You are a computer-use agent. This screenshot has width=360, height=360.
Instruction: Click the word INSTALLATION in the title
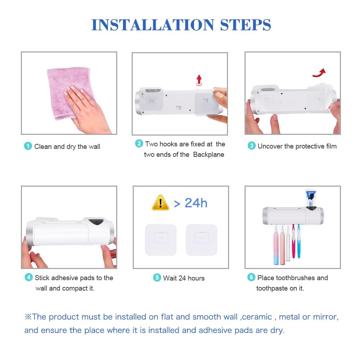(x=153, y=25)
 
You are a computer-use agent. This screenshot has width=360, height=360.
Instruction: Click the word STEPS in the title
(x=245, y=25)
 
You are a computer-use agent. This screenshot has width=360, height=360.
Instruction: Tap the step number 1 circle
(x=28, y=146)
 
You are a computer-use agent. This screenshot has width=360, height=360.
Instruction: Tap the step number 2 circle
(x=139, y=143)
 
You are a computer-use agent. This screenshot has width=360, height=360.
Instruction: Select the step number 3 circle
(x=251, y=146)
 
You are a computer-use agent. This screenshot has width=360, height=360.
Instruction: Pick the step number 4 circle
(x=28, y=277)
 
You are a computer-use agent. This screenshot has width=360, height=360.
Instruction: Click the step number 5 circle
(x=157, y=278)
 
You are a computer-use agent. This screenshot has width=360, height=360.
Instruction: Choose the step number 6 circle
(x=251, y=277)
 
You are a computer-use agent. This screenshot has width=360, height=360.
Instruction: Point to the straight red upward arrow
(x=199, y=80)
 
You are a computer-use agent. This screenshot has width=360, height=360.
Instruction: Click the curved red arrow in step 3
(x=319, y=73)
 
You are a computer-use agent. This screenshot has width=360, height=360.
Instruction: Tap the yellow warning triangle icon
(x=160, y=202)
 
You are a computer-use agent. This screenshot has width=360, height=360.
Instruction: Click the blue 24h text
(x=196, y=203)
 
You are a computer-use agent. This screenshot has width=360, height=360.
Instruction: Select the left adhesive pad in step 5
(x=161, y=240)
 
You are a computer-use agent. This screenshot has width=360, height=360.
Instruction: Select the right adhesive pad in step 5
(x=201, y=240)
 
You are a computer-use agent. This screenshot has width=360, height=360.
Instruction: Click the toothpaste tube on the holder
(x=311, y=199)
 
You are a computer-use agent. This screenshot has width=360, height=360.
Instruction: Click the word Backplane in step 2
(x=209, y=155)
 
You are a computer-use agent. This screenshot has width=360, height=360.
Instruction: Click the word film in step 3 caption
(x=331, y=146)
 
